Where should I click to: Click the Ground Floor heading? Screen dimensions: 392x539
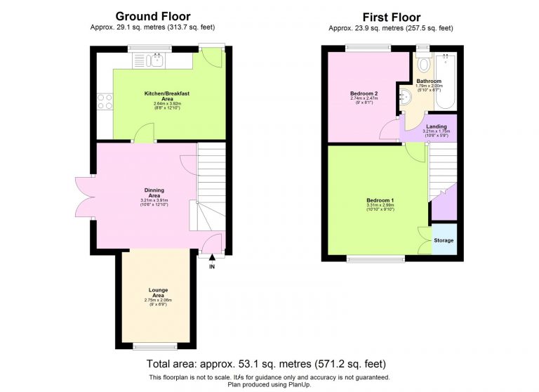(x=152, y=16)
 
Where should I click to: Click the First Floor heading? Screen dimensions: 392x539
(x=391, y=17)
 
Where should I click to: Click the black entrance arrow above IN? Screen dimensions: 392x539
(x=212, y=259)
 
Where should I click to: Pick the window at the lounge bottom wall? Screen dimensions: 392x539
(x=152, y=345)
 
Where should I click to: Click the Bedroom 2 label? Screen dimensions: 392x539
(x=364, y=93)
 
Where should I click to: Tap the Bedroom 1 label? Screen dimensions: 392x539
(x=380, y=200)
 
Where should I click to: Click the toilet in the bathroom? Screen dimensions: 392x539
(x=423, y=64)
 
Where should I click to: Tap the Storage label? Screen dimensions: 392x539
(x=444, y=240)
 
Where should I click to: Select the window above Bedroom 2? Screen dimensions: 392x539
(x=368, y=48)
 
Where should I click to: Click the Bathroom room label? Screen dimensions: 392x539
(x=428, y=81)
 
